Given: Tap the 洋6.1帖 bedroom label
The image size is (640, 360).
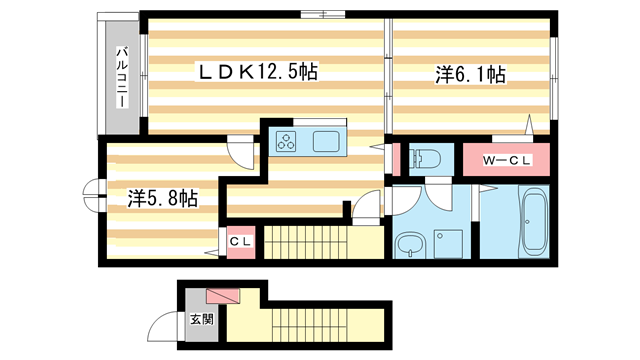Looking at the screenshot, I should click(469, 74).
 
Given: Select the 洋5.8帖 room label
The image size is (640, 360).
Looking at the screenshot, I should click(161, 197).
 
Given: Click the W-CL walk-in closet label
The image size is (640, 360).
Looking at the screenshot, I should click(507, 158).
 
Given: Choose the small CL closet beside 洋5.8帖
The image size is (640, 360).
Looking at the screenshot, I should click(241, 241).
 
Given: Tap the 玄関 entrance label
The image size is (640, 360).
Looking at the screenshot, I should click(201, 320).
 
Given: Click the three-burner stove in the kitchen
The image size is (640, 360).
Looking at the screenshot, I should click(287, 141).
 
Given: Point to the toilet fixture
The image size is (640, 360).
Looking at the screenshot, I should click(425, 158).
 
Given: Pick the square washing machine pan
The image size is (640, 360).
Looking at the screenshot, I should click(445, 243).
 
